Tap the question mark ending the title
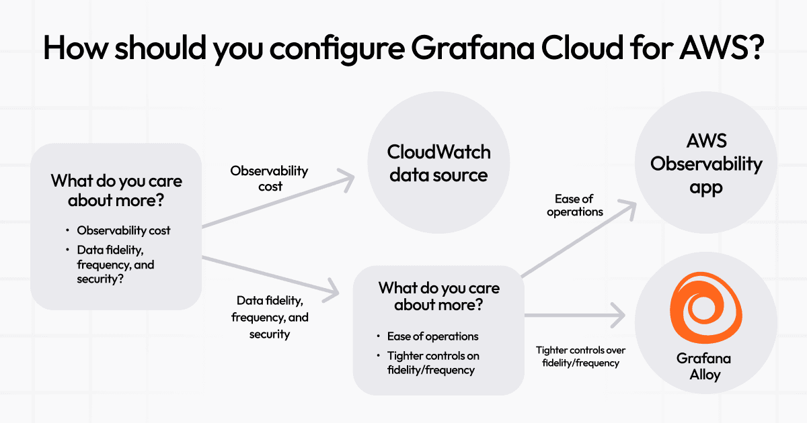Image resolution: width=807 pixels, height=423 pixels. (x=753, y=48)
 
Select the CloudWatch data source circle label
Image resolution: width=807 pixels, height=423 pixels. (x=438, y=163)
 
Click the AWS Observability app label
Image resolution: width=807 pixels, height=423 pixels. (x=705, y=164)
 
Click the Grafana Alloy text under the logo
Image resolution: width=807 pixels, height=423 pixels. (x=704, y=367)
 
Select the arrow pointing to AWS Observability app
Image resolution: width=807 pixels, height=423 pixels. (x=578, y=238)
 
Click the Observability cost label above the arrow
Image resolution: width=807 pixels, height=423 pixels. (x=269, y=179)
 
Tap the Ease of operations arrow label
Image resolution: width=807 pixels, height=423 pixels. (x=575, y=205)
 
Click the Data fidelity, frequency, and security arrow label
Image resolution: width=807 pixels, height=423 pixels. (x=270, y=317)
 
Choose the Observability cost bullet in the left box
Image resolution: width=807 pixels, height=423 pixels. (x=124, y=230)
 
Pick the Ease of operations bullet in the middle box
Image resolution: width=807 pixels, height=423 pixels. (x=432, y=336)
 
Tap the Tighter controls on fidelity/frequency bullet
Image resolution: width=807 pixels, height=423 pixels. (x=433, y=363)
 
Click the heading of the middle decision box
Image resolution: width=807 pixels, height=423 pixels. (x=438, y=297)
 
